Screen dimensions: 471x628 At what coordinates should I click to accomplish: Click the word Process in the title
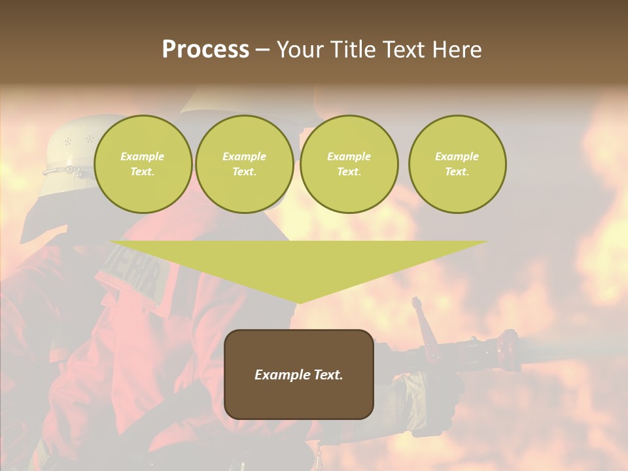pos(205,50)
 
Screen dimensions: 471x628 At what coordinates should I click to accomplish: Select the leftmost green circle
pos(143,164)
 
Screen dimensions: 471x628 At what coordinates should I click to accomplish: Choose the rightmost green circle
pos(457,164)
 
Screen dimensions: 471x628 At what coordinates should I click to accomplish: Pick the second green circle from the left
pos(245,164)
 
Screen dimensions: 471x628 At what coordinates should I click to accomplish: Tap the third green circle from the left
pos(349,164)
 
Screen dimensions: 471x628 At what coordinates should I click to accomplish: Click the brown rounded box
pos(299,374)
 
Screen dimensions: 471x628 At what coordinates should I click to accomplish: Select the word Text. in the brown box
pos(328,375)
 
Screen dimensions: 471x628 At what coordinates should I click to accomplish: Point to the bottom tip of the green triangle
pos(299,303)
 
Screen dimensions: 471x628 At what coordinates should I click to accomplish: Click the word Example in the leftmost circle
pos(143,156)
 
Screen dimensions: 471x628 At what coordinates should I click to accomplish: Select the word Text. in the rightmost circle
pos(457,172)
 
